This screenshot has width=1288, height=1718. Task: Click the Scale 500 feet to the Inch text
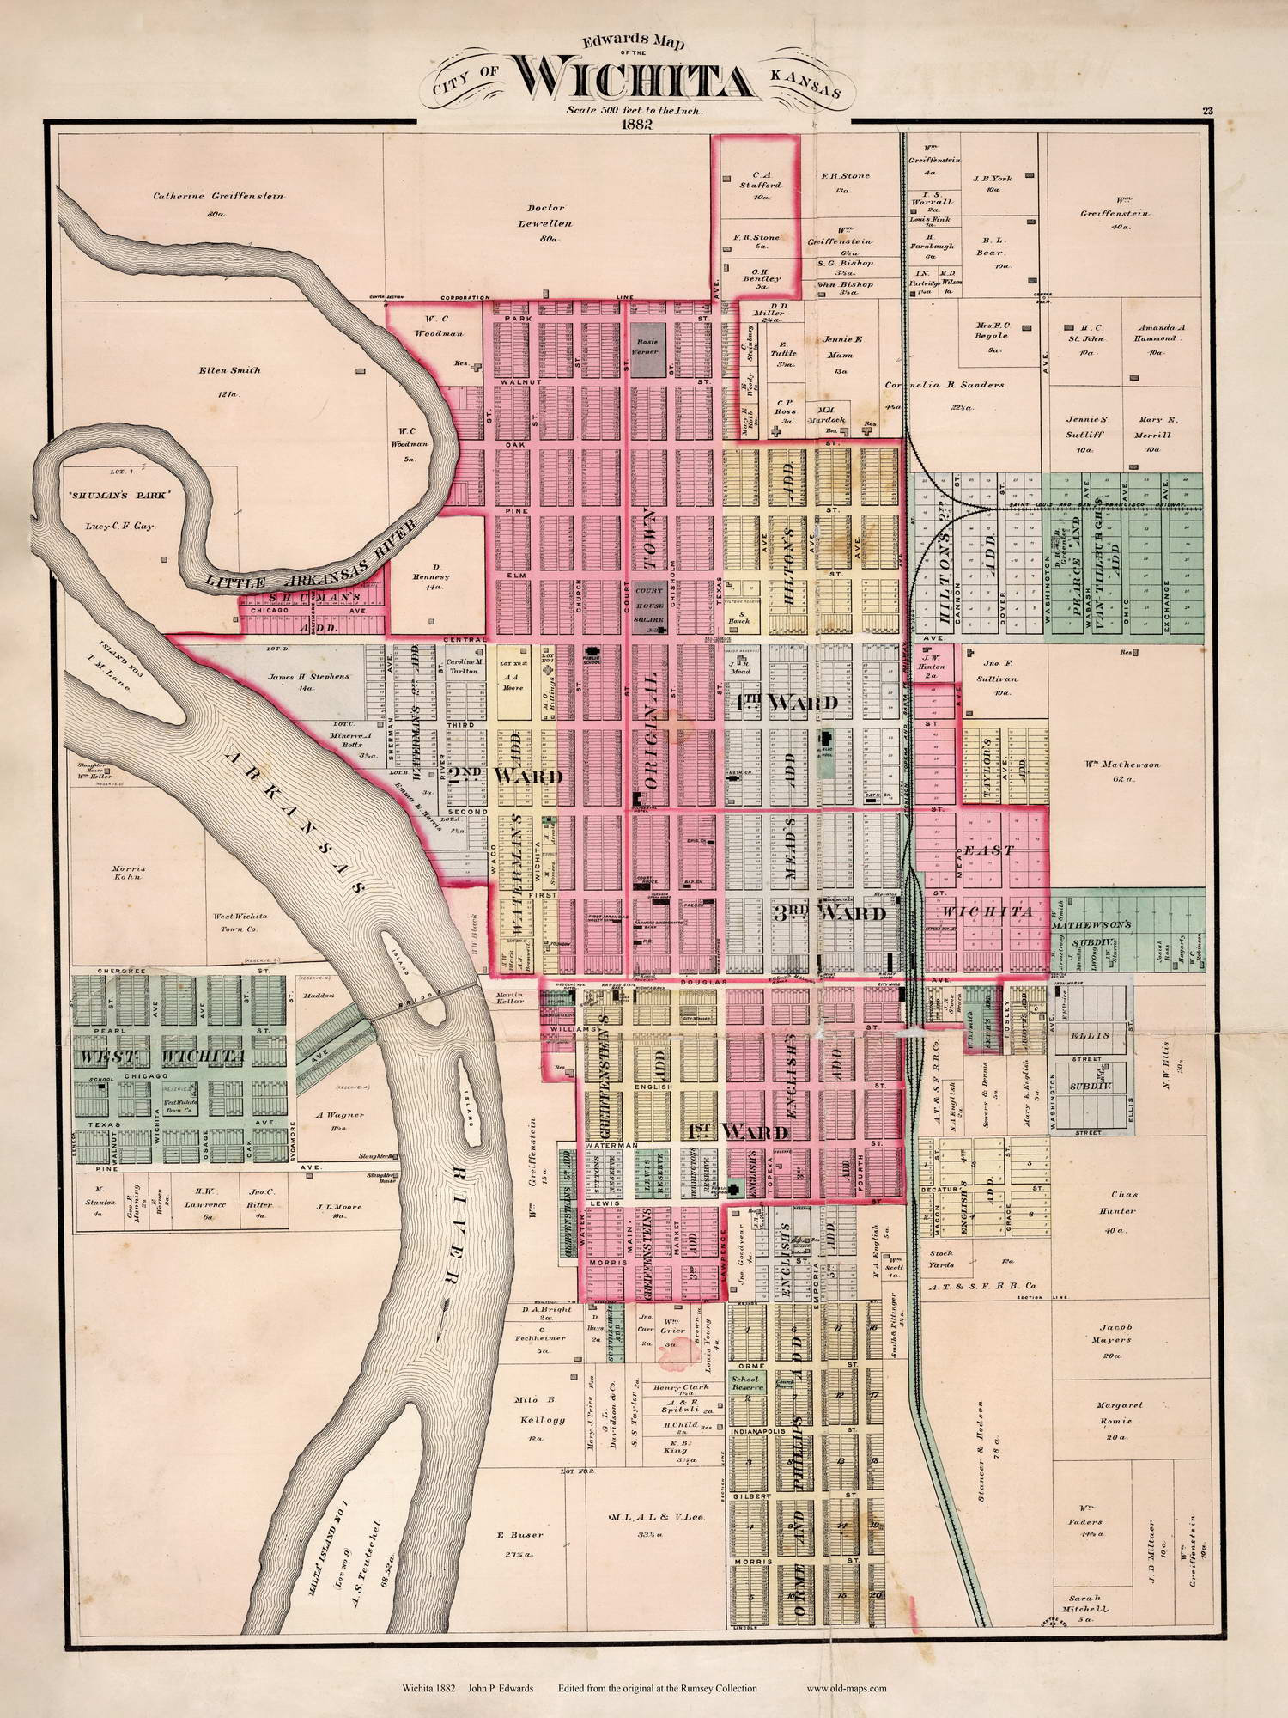pyautogui.click(x=635, y=110)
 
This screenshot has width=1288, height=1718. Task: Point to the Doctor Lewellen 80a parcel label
pyautogui.click(x=550, y=222)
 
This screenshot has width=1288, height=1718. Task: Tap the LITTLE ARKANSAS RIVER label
pyautogui.click(x=313, y=557)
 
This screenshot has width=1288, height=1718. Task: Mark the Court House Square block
pyautogui.click(x=649, y=606)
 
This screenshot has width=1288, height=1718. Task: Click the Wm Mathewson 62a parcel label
pyautogui.click(x=1128, y=771)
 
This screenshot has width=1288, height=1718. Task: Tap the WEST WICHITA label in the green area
pyautogui.click(x=163, y=1055)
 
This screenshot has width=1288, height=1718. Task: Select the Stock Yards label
pyautogui.click(x=940, y=1259)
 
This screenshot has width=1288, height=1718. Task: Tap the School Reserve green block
pyautogui.click(x=745, y=1383)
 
